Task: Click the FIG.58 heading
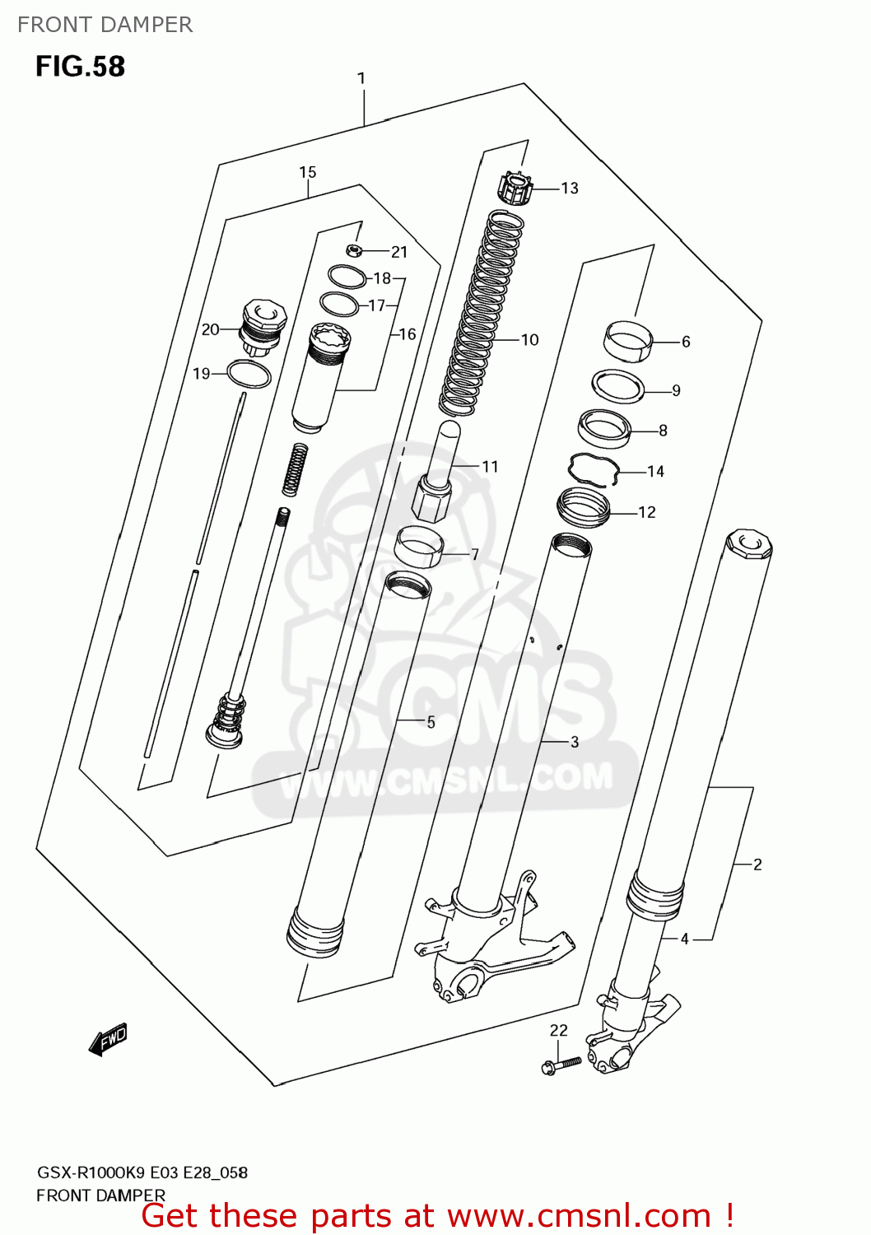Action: pyautogui.click(x=80, y=67)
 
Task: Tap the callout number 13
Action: pyautogui.click(x=570, y=189)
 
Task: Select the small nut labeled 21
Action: pyautogui.click(x=354, y=250)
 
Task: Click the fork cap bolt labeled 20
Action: pyautogui.click(x=262, y=326)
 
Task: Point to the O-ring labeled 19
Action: pyautogui.click(x=248, y=374)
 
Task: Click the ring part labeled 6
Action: pyautogui.click(x=628, y=339)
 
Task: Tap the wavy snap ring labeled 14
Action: pyautogui.click(x=594, y=468)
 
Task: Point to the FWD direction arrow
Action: pyautogui.click(x=109, y=1039)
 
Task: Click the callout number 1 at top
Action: pyautogui.click(x=361, y=78)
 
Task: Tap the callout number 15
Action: pyautogui.click(x=307, y=172)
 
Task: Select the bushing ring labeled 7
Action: pyautogui.click(x=420, y=547)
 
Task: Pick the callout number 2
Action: pyautogui.click(x=757, y=864)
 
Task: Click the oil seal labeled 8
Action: pyautogui.click(x=604, y=428)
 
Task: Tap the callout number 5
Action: pyautogui.click(x=431, y=722)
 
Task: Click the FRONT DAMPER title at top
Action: pyautogui.click(x=105, y=25)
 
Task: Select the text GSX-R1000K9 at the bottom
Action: pyautogui.click(x=91, y=1172)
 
